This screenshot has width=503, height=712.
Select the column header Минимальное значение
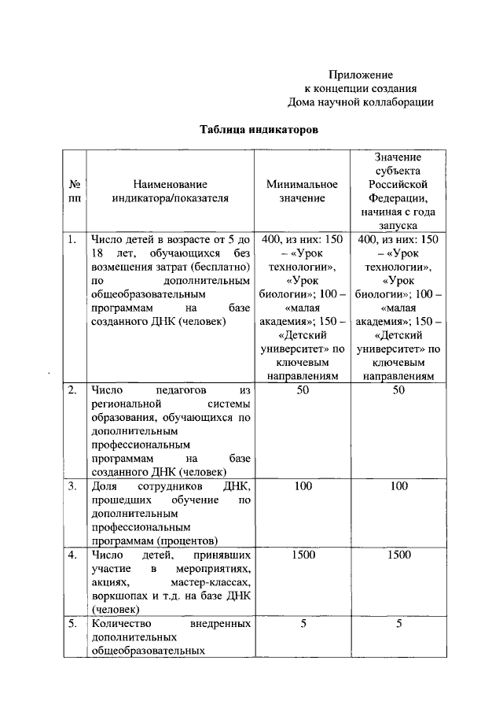tap(302, 191)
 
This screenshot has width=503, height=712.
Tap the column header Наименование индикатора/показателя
tap(170, 191)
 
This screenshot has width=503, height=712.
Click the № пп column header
tap(74, 191)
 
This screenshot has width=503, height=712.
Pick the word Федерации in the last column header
tap(398, 198)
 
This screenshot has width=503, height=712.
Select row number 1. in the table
tap(72, 240)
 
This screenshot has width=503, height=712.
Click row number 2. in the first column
tap(72, 390)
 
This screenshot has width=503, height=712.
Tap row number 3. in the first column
tap(72, 486)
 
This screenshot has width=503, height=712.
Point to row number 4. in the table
tap(72, 555)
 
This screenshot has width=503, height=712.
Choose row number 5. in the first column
tap(72, 624)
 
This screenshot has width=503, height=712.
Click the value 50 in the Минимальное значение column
tap(303, 390)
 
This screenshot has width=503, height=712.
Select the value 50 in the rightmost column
tap(398, 390)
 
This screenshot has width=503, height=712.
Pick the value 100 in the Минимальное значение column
tap(303, 486)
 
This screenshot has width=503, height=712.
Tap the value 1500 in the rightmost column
tap(398, 555)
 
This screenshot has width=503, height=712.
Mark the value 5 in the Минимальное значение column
tap(303, 624)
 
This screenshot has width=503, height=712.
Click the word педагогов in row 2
tap(174, 390)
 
